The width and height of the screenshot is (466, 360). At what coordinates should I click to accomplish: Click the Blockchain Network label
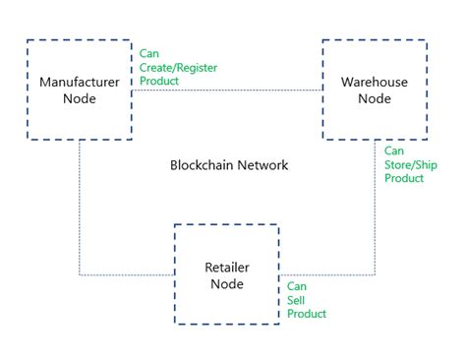pos(229,165)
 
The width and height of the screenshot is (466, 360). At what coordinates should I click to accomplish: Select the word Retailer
pos(227,267)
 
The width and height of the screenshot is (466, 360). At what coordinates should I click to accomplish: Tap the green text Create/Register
pos(178,68)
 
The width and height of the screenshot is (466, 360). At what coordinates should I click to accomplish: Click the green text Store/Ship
pos(403,165)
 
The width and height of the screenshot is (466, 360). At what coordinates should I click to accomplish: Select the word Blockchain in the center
pos(204,165)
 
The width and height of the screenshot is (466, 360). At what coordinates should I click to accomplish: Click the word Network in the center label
pos(264,165)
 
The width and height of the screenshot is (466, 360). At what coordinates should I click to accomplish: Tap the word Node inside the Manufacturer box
pos(80,99)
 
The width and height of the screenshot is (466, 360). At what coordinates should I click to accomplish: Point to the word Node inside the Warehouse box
pos(376,99)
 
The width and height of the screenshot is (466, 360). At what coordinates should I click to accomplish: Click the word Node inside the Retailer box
pos(227,284)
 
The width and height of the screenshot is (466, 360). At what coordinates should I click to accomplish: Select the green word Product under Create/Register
pos(159,81)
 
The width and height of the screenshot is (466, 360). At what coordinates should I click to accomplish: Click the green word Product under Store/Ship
pos(404,178)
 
